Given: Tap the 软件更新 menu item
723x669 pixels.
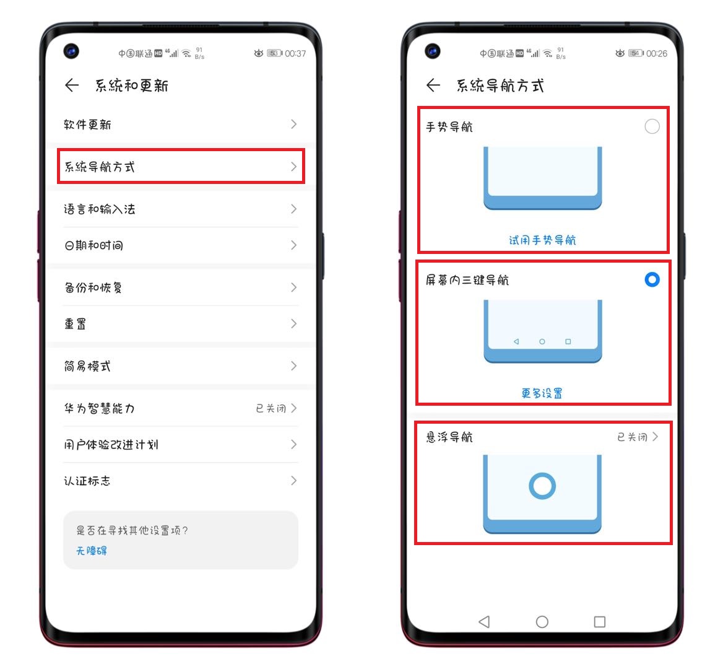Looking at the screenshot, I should tap(87, 125).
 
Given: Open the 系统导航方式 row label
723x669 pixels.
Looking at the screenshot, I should tap(100, 167).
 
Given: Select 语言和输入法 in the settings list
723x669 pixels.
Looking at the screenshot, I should tap(99, 209).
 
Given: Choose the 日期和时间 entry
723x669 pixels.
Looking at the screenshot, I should tap(93, 245).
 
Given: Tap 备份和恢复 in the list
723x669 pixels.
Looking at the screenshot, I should tap(93, 287).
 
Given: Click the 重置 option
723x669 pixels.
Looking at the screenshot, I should tap(75, 324).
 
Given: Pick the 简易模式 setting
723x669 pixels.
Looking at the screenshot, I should tap(87, 366).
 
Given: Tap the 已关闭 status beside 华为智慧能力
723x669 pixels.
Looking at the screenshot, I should tap(271, 408).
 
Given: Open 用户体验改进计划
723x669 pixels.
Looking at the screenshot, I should tap(111, 445).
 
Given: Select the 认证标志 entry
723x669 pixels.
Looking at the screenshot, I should tap(87, 481).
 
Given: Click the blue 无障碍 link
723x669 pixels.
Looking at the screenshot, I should tap(92, 551).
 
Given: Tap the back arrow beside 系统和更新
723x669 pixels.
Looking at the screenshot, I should tap(72, 85).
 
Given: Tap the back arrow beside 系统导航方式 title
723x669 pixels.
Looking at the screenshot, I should tap(433, 85).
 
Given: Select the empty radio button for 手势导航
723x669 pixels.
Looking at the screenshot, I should tap(652, 126).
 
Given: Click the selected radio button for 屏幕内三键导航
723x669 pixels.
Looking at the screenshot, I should tap(652, 279).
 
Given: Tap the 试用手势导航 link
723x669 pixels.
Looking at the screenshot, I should tap(542, 240).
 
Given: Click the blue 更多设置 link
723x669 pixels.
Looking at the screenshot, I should tap(542, 393).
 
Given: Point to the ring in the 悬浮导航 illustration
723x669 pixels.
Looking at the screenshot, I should tap(542, 486).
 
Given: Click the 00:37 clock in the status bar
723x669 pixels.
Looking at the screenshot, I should tap(295, 54).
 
